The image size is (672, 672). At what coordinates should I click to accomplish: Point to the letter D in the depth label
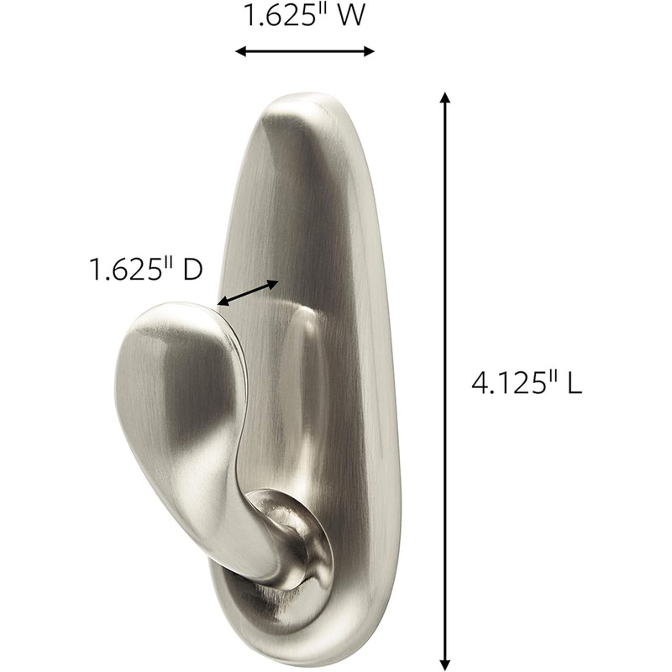tap(193, 270)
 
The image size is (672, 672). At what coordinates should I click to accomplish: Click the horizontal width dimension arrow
tap(304, 51)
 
